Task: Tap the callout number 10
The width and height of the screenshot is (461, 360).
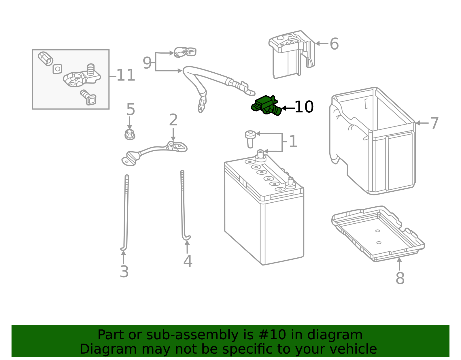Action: pyautogui.click(x=304, y=107)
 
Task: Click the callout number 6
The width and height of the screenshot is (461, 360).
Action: pyautogui.click(x=334, y=44)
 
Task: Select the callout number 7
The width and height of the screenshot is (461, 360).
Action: pyautogui.click(x=434, y=123)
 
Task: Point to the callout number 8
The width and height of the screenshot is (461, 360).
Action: pyautogui.click(x=400, y=278)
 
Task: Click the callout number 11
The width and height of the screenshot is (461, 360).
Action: pyautogui.click(x=126, y=76)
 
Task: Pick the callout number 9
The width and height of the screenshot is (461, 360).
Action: pyautogui.click(x=147, y=63)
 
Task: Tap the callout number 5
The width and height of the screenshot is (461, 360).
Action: pyautogui.click(x=131, y=110)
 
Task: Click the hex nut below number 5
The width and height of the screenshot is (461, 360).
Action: pyautogui.click(x=130, y=134)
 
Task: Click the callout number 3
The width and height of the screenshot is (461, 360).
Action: pyautogui.click(x=124, y=272)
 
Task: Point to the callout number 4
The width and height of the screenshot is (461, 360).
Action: pyautogui.click(x=188, y=261)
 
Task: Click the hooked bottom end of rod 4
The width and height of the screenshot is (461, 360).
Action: pyautogui.click(x=187, y=238)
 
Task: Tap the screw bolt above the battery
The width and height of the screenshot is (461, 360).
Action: pyautogui.click(x=250, y=138)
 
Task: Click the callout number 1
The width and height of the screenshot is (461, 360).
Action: pyautogui.click(x=293, y=142)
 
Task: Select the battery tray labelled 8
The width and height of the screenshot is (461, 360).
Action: pyautogui.click(x=377, y=233)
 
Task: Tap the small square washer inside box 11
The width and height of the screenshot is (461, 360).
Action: pyautogui.click(x=57, y=69)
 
